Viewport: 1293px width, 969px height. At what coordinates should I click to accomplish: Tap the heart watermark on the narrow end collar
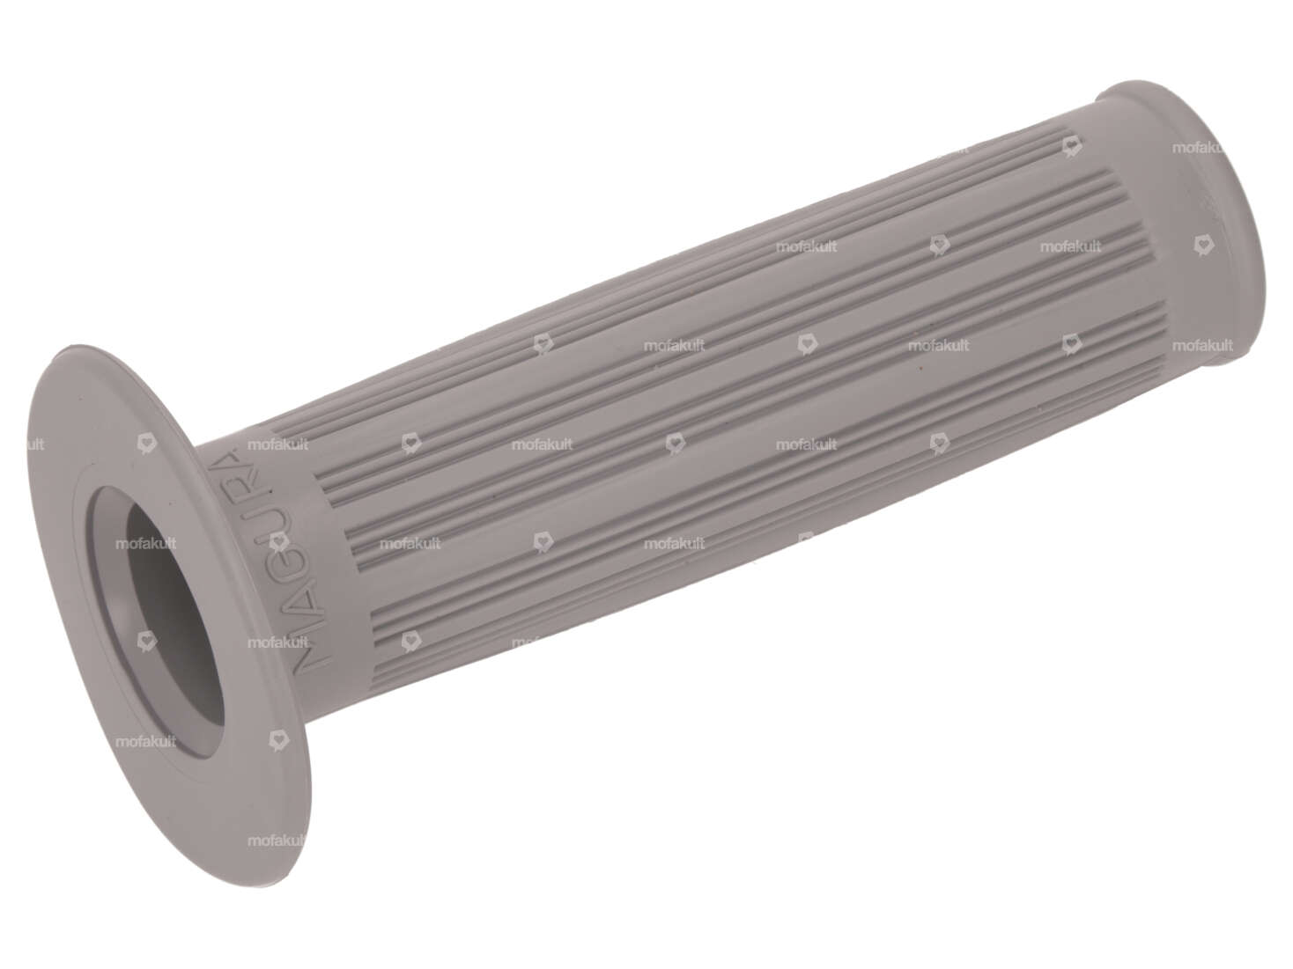1201,246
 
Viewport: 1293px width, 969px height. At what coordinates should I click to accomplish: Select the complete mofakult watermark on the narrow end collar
1202,346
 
